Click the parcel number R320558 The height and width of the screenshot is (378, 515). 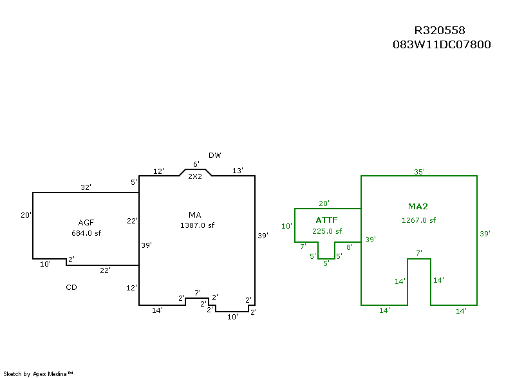(440, 31)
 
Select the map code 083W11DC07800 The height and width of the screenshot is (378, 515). (442, 45)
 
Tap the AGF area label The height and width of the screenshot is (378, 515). (86, 222)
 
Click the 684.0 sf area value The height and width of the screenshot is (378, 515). (86, 233)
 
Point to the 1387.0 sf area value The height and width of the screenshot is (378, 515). (197, 225)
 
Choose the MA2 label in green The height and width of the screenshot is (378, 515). (418, 207)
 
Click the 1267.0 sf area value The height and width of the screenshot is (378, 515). (418, 220)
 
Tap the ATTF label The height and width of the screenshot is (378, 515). (326, 220)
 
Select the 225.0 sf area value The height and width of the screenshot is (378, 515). (326, 231)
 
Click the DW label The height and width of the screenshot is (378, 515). (215, 155)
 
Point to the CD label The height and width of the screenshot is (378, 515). (71, 287)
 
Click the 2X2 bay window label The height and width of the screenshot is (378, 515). (195, 176)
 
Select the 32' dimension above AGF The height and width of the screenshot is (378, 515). (86, 187)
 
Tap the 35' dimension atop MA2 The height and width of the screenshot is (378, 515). (419, 172)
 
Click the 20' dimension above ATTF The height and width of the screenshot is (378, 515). (324, 203)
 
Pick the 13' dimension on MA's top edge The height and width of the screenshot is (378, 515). (238, 171)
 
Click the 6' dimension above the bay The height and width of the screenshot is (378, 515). (196, 165)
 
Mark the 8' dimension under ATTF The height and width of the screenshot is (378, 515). (350, 247)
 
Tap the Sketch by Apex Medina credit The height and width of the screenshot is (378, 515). (38, 373)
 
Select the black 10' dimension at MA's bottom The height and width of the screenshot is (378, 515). (232, 316)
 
